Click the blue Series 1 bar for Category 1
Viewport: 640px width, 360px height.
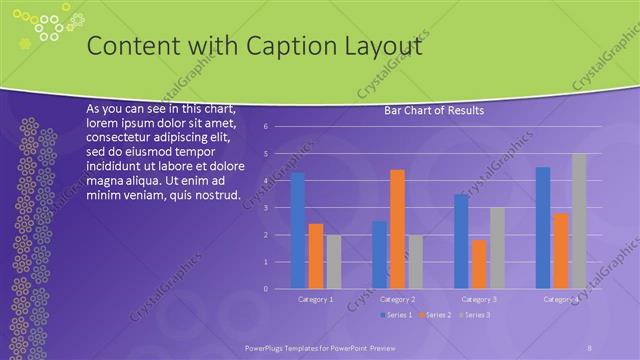point(297,231)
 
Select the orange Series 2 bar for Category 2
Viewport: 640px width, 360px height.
point(397,229)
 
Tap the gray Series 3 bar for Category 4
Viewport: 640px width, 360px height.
point(579,221)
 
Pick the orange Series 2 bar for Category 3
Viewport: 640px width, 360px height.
point(479,264)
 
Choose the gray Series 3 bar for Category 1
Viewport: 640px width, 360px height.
point(333,262)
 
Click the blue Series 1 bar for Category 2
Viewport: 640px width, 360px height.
point(379,255)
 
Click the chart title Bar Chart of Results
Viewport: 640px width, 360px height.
point(434,111)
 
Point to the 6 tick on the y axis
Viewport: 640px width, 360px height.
point(265,127)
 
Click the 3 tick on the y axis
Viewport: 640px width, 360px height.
point(265,208)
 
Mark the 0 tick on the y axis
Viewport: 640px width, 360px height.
point(265,289)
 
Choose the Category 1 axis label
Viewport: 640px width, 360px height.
point(316,299)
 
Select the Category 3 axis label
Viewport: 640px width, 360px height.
point(479,299)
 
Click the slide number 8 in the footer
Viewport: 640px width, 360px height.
point(590,346)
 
